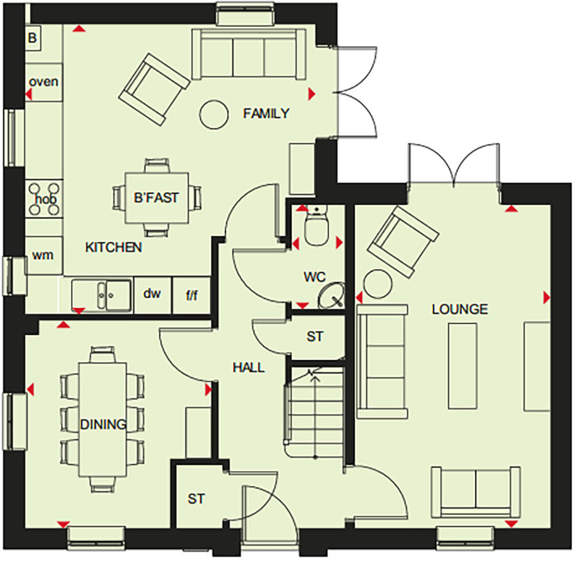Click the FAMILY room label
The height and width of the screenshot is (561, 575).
pos(266,113)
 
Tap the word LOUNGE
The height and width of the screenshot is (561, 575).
pos(460,309)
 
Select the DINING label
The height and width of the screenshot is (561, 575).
pos(103,425)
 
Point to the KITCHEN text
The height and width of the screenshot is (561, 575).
pos(113,247)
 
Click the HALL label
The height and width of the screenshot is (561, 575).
pos(248,367)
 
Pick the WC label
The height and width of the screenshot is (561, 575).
pos(315,276)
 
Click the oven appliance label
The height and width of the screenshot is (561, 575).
pos(44,82)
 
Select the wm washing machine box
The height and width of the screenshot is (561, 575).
pos(43,255)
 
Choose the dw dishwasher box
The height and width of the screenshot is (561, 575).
pos(151,294)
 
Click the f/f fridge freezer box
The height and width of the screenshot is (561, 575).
pos(191,295)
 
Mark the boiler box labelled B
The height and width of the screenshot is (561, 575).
pos(32,39)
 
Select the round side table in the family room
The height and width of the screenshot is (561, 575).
pos(213,113)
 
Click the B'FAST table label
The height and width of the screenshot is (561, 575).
pos(156,198)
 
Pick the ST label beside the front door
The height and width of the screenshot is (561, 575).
pos(196,499)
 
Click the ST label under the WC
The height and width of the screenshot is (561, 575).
pos(315,336)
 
